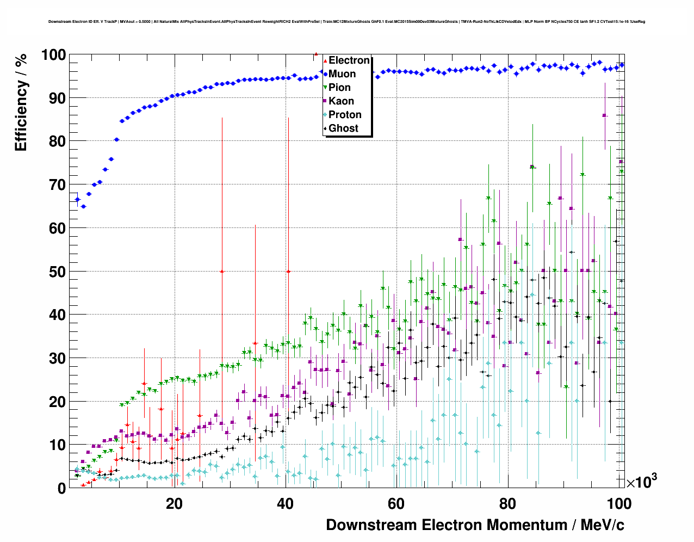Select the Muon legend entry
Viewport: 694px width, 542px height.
pyautogui.click(x=342, y=74)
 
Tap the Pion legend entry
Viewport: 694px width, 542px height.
pyautogui.click(x=339, y=88)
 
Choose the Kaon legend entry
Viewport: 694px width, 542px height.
pyautogui.click(x=341, y=101)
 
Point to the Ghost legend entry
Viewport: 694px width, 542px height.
pyautogui.click(x=343, y=128)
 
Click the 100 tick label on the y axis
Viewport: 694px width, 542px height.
pyautogui.click(x=53, y=55)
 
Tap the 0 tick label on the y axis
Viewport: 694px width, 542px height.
pyautogui.click(x=61, y=488)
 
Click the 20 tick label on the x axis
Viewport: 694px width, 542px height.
pyautogui.click(x=174, y=503)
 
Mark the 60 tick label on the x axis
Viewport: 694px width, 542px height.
pyautogui.click(x=396, y=503)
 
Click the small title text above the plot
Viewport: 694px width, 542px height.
pyautogui.click(x=346, y=22)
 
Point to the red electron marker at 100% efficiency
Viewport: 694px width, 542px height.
pyautogui.click(x=316, y=54)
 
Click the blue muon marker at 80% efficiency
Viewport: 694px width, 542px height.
pyautogui.click(x=116, y=139)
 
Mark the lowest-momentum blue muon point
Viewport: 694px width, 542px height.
pyautogui.click(x=77, y=200)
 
